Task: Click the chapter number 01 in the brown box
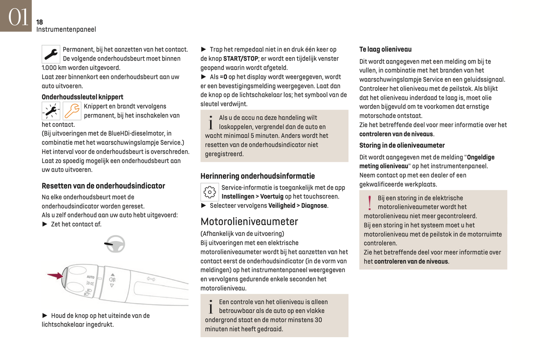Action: pyautogui.click(x=18, y=17)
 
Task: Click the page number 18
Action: pyautogui.click(x=40, y=22)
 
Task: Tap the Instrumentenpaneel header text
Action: pyautogui.click(x=66, y=30)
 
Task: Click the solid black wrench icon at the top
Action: pyautogui.click(x=51, y=55)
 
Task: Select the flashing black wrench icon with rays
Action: pyautogui.click(x=51, y=111)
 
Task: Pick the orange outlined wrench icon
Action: pyautogui.click(x=72, y=111)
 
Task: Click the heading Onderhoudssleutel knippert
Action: pyautogui.click(x=82, y=97)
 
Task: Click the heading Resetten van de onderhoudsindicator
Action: pyautogui.click(x=103, y=186)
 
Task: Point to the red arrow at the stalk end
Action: pyautogui.click(x=55, y=276)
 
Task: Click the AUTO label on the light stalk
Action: pyautogui.click(x=90, y=277)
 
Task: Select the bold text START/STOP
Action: pyautogui.click(x=240, y=59)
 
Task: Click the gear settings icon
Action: pyautogui.click(x=210, y=192)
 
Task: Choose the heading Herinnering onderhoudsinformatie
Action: pyautogui.click(x=257, y=176)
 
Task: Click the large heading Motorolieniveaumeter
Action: pyautogui.click(x=249, y=222)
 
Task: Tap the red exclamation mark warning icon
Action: pyautogui.click(x=370, y=203)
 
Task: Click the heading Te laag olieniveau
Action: pyautogui.click(x=385, y=49)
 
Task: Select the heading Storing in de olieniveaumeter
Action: pyautogui.click(x=402, y=145)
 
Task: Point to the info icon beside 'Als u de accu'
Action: pyautogui.click(x=211, y=122)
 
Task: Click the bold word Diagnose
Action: pyautogui.click(x=314, y=206)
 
